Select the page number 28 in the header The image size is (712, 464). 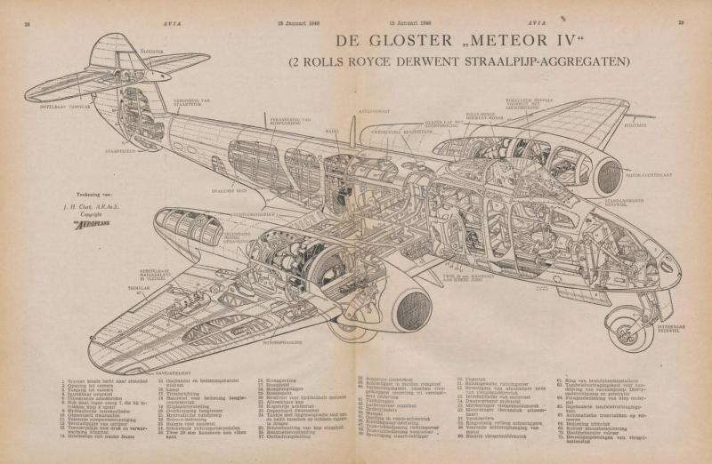[x=27, y=24]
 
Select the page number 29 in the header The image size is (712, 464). [x=681, y=24]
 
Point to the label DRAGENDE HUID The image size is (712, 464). [x=230, y=190]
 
